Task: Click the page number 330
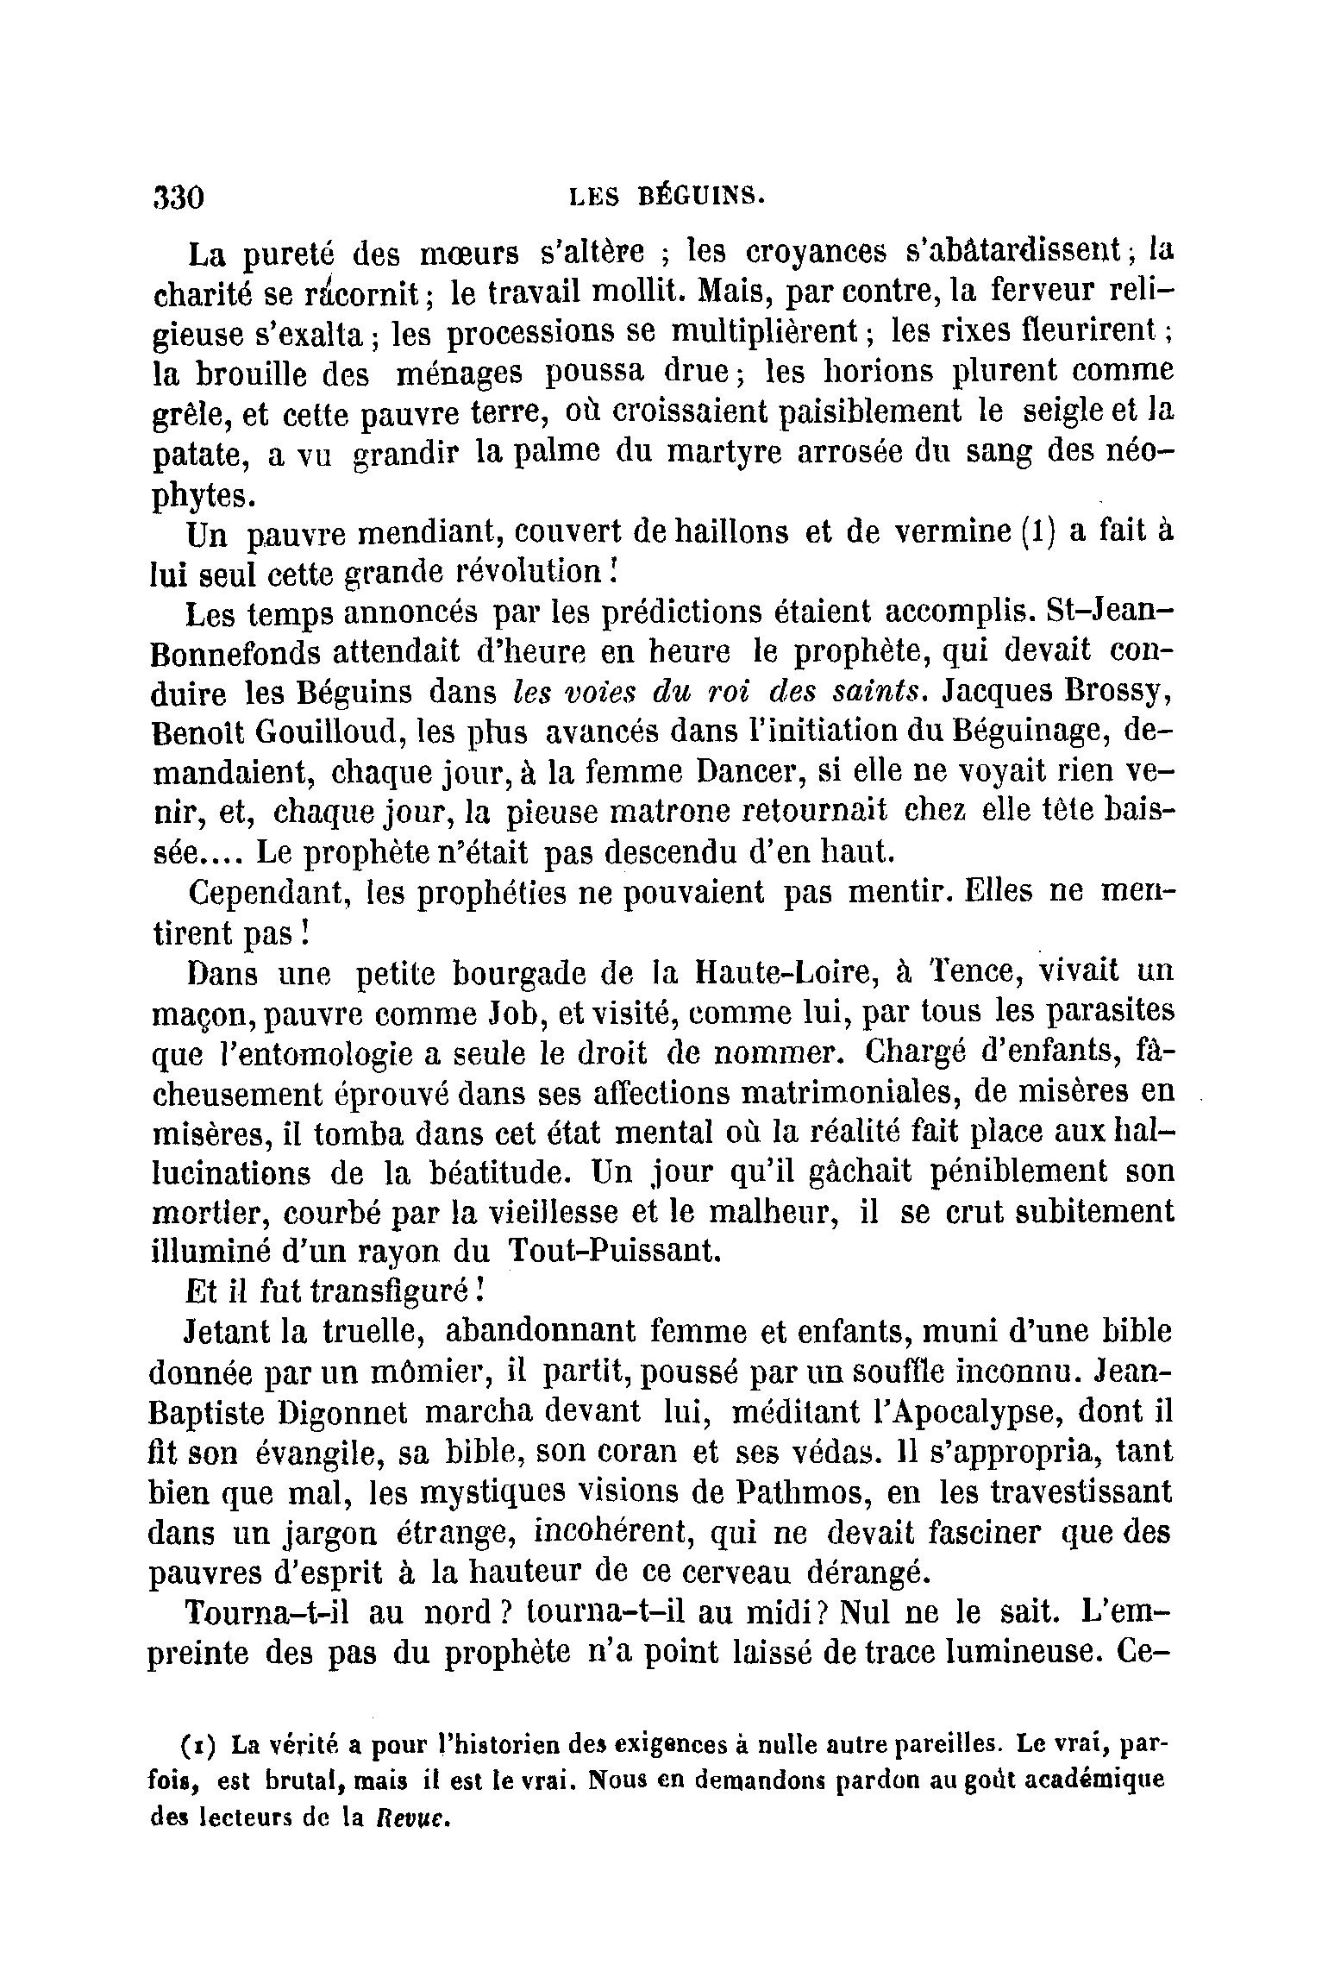[178, 198]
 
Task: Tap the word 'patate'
[201, 455]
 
